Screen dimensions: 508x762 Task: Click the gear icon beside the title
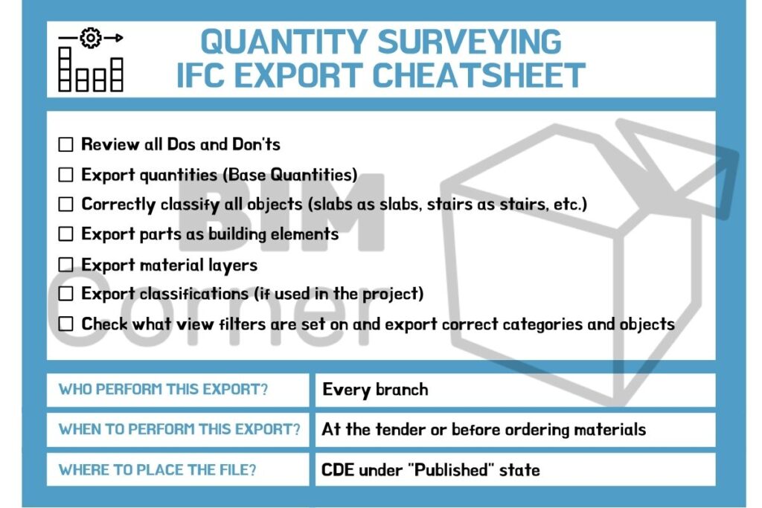91,38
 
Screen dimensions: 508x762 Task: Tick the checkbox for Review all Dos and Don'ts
66,144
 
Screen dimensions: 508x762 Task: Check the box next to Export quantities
66,175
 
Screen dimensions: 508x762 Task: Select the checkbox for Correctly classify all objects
66,204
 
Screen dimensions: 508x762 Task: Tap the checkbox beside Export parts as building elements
66,234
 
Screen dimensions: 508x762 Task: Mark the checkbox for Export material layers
66,265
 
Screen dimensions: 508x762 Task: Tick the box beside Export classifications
66,294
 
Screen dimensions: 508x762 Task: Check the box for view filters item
66,324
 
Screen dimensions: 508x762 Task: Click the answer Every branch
375,390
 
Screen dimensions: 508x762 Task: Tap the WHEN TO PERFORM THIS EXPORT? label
179,430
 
